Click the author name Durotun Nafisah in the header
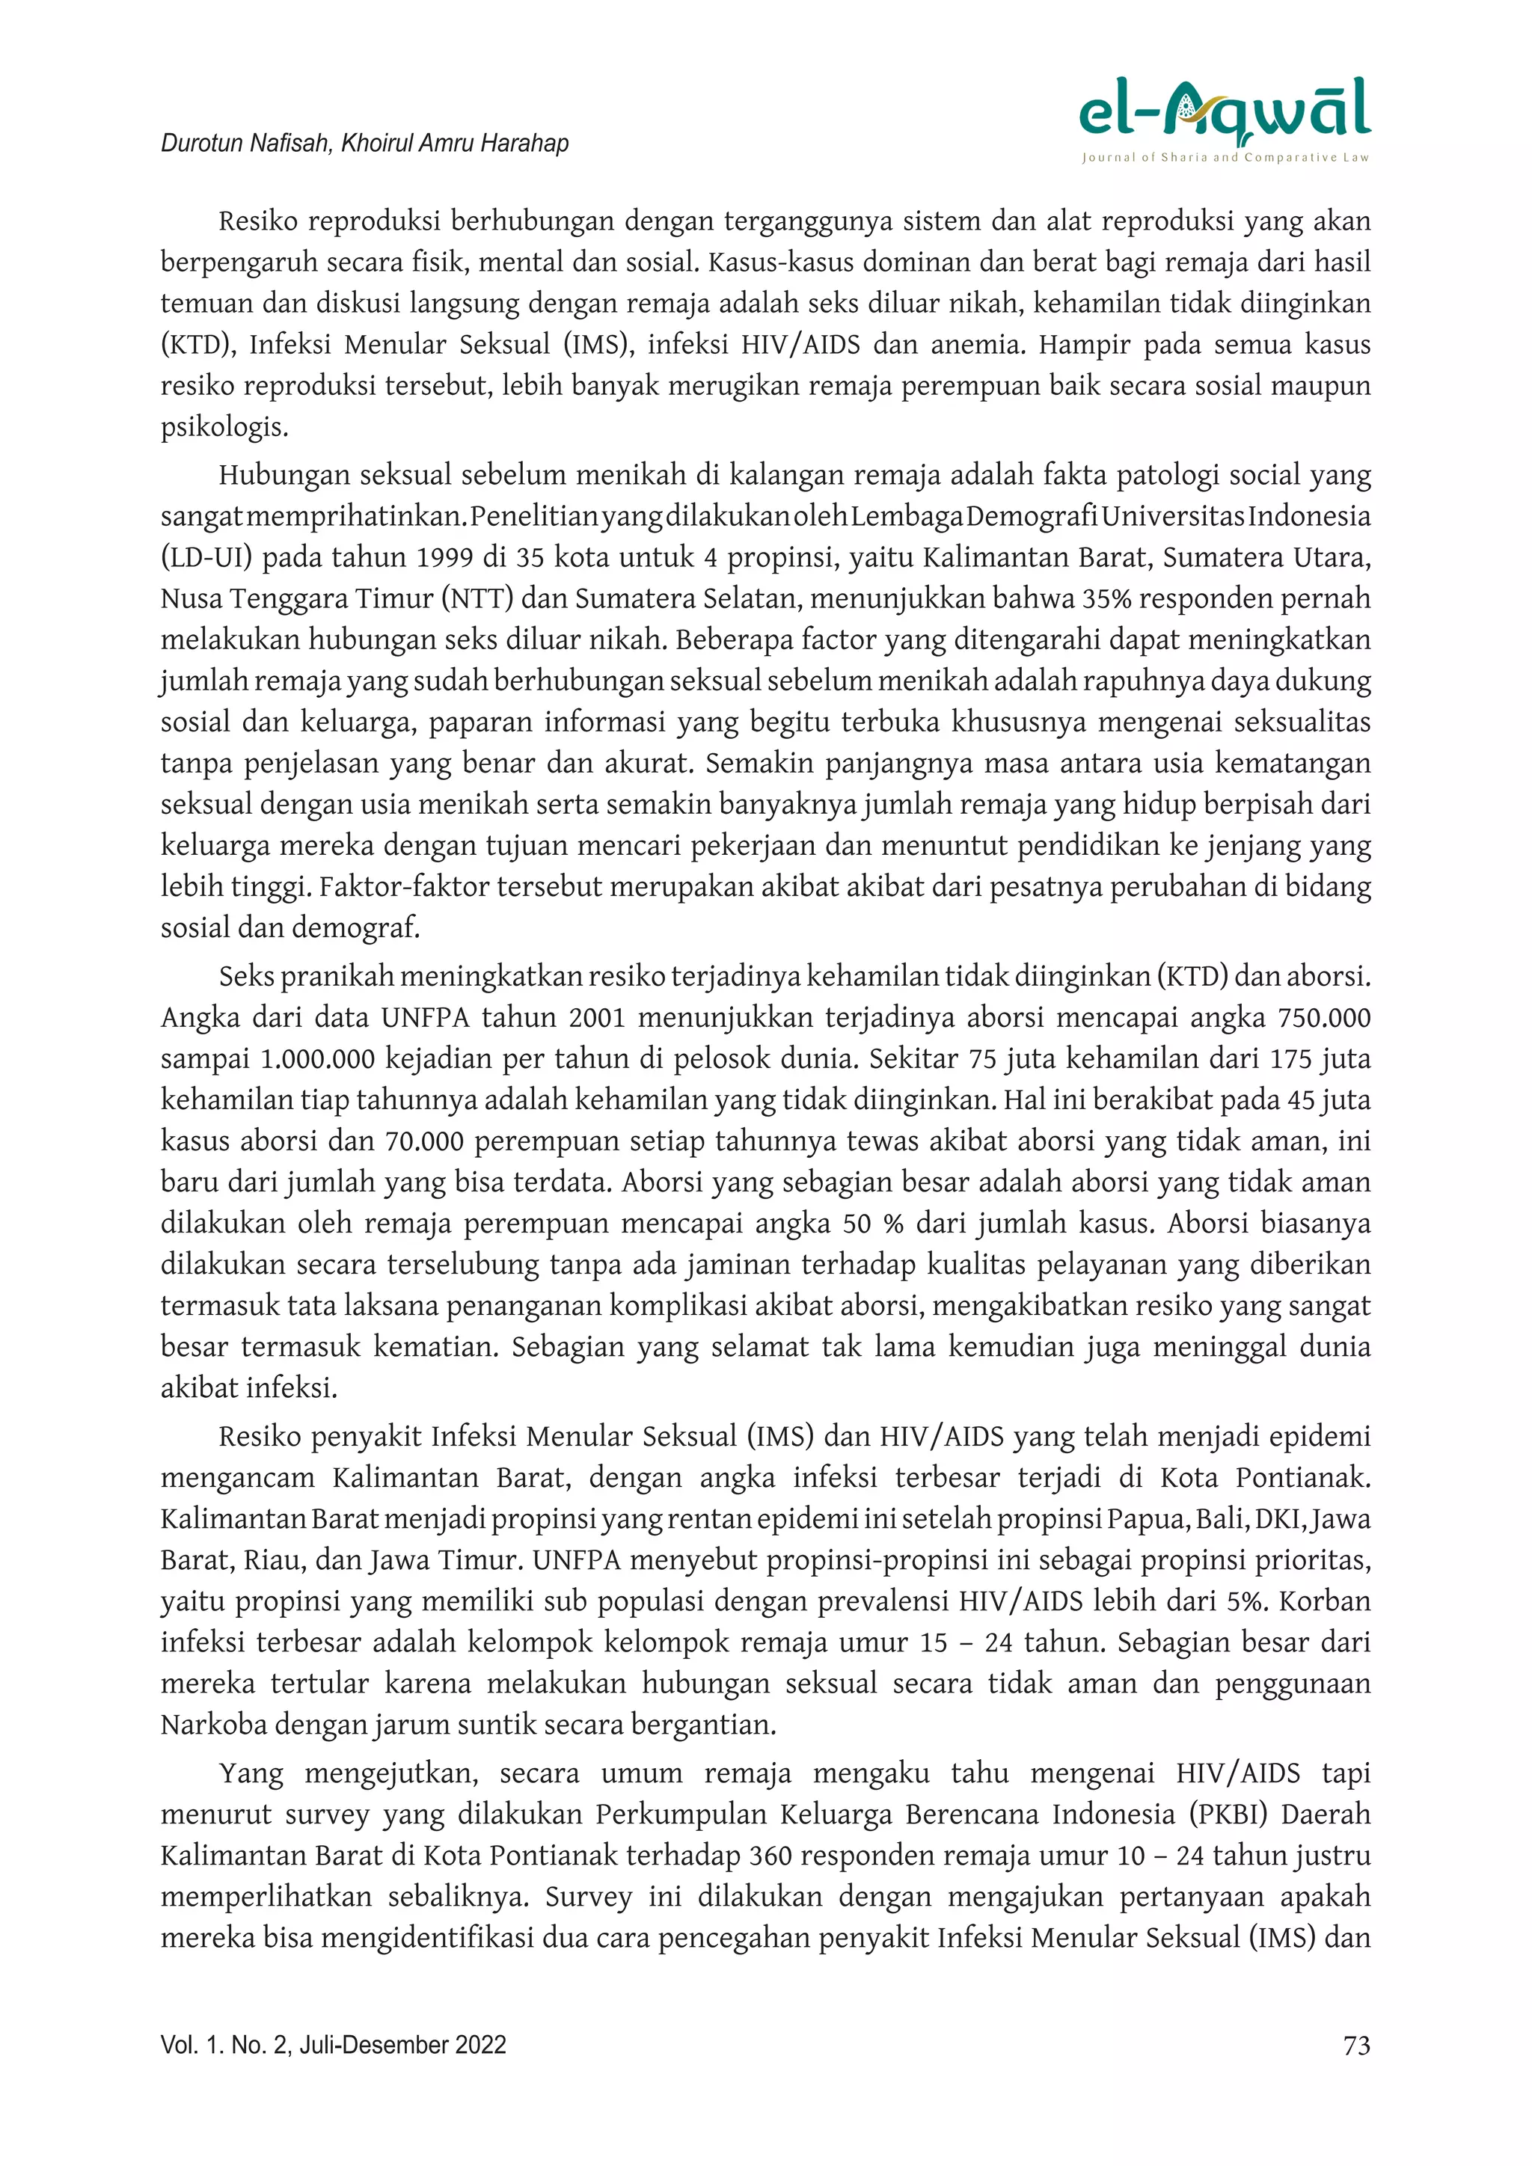245,144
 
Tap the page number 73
1355,2046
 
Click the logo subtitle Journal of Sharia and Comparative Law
1225,158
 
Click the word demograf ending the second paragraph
355,928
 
